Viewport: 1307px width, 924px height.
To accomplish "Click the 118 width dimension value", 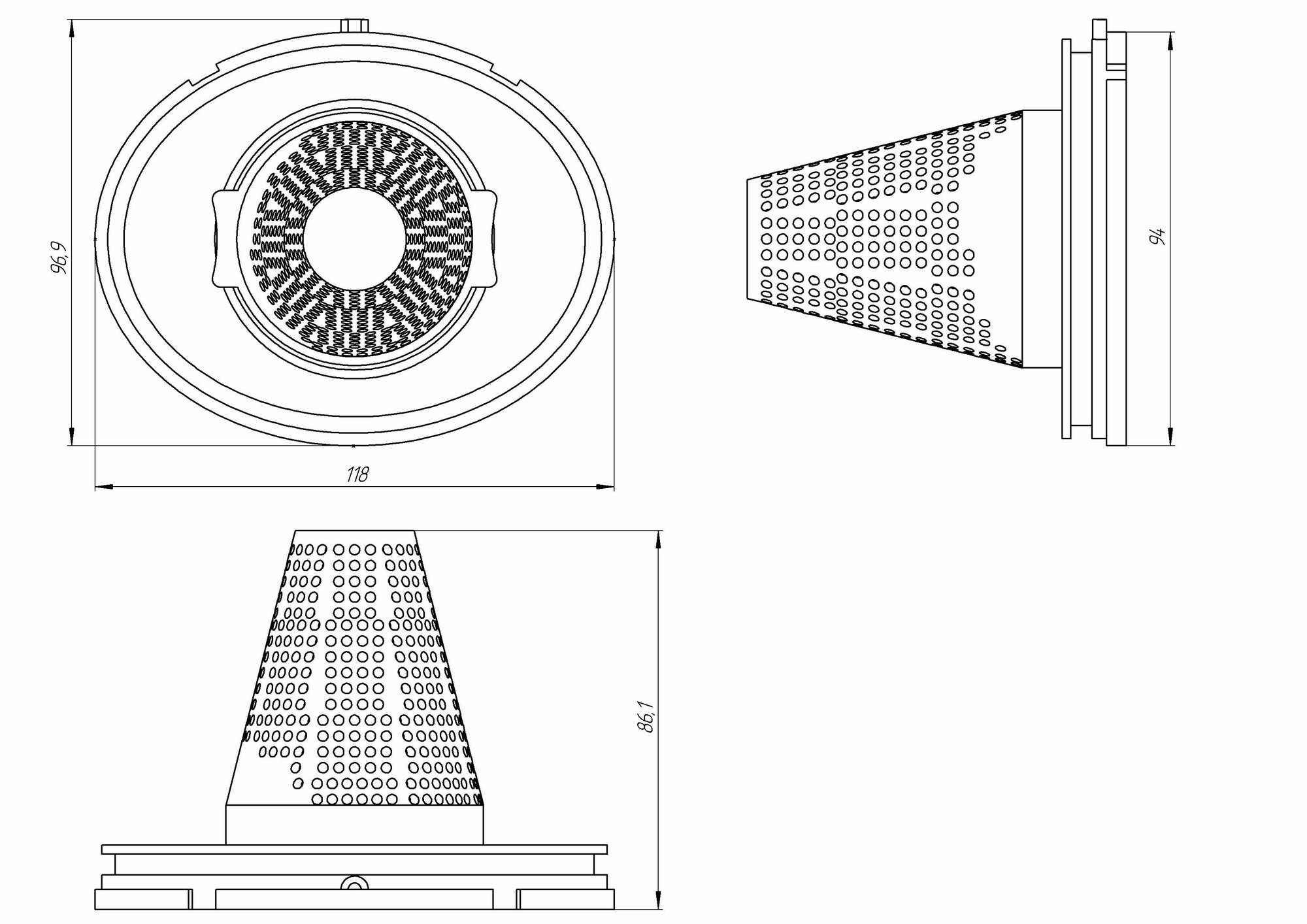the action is (357, 474).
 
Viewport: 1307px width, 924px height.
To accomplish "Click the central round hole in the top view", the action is (354, 240).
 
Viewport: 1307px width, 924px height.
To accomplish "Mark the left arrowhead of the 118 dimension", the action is (105, 486).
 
